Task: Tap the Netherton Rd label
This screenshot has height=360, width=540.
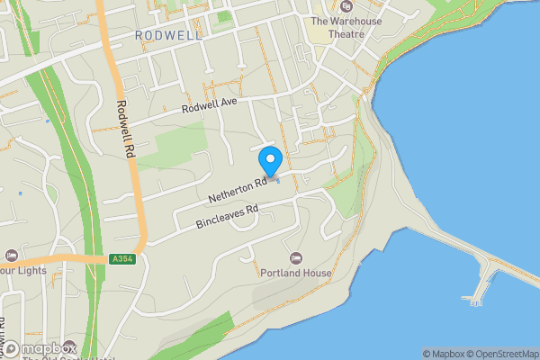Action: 238,189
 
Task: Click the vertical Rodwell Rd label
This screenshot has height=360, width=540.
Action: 124,129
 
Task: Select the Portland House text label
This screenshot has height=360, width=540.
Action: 295,273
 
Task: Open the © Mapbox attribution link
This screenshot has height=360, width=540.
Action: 445,354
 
